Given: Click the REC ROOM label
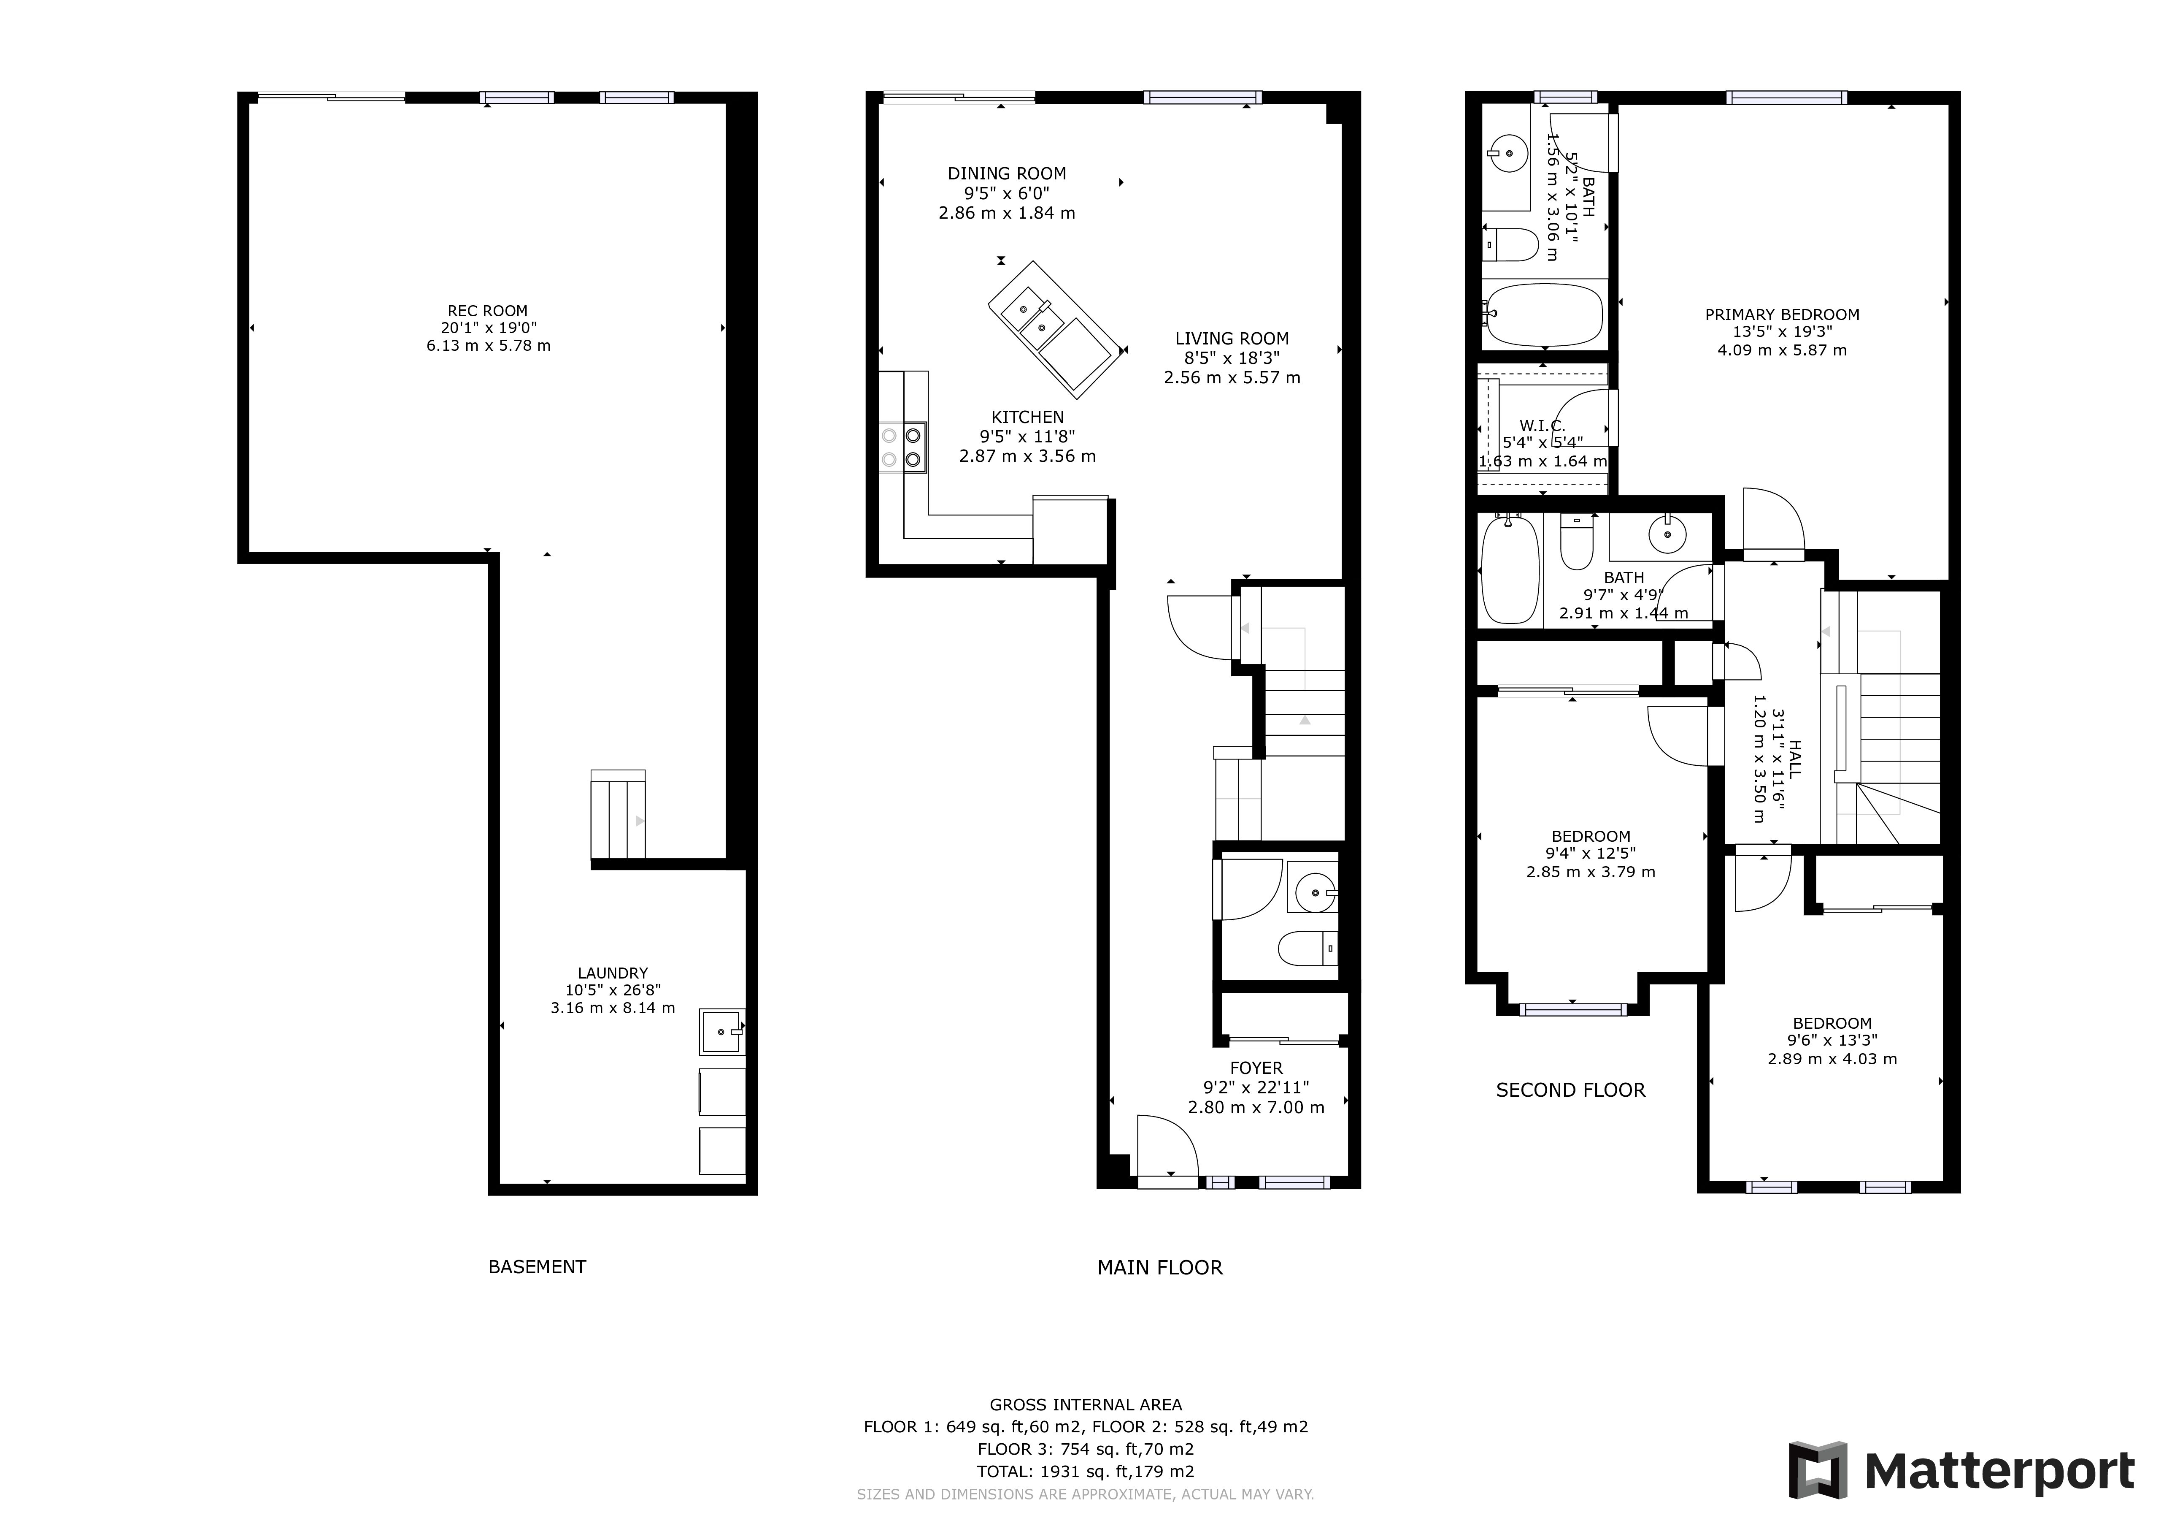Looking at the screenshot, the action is [488, 310].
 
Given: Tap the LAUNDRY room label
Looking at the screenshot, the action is [613, 973].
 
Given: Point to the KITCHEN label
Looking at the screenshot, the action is [1027, 416].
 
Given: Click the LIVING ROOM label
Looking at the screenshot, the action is [1232, 338].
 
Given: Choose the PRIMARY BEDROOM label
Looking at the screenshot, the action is [1782, 314].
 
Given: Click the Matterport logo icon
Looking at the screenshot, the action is [1817, 1470].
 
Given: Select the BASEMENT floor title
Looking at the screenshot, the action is [538, 1266].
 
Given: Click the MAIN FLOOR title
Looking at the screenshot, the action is [1160, 1267].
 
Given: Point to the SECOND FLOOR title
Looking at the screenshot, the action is [1570, 1090].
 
